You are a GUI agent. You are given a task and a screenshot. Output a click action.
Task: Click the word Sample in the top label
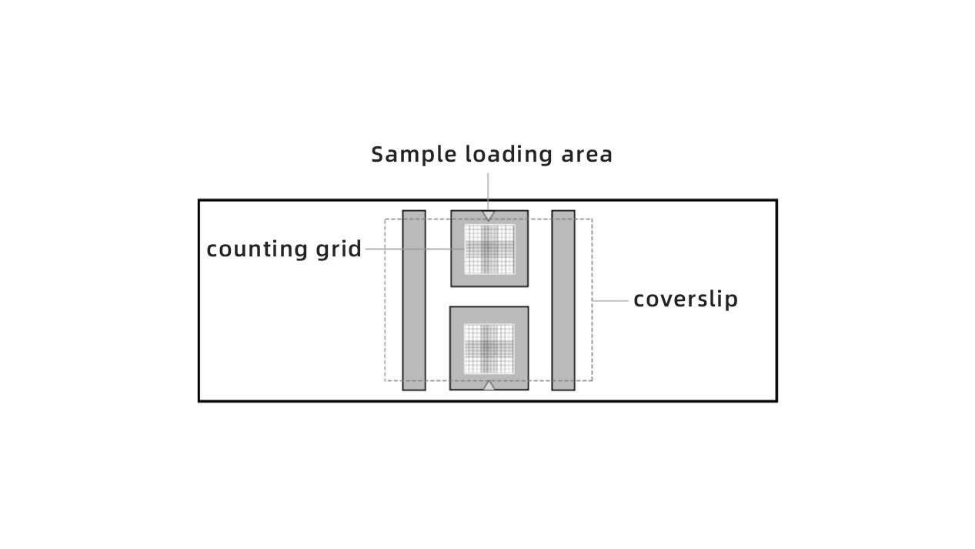[413, 156]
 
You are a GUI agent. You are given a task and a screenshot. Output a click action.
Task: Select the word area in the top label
[586, 156]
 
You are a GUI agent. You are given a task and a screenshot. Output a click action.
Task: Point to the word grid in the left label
[339, 249]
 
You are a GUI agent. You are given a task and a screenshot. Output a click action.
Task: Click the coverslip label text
[686, 300]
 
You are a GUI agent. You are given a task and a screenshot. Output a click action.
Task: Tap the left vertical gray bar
[414, 300]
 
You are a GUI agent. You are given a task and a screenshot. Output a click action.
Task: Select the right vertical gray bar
[563, 300]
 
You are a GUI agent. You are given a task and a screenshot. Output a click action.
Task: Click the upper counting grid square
[489, 249]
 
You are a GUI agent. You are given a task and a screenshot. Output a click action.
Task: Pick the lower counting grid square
[489, 349]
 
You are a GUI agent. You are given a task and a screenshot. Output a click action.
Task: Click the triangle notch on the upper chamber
[489, 215]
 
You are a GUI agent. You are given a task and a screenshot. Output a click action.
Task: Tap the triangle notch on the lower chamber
[489, 386]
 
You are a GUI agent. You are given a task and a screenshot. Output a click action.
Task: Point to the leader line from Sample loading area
[488, 192]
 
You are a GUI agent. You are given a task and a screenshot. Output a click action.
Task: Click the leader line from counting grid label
[415, 249]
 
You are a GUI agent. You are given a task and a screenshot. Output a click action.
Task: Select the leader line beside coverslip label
[610, 301]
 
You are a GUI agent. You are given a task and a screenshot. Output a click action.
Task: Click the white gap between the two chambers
[489, 296]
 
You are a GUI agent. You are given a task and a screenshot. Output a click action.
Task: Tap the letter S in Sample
[379, 155]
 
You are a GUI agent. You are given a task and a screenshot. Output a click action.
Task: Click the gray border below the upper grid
[489, 281]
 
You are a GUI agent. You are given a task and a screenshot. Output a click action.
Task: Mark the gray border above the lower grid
[489, 315]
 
